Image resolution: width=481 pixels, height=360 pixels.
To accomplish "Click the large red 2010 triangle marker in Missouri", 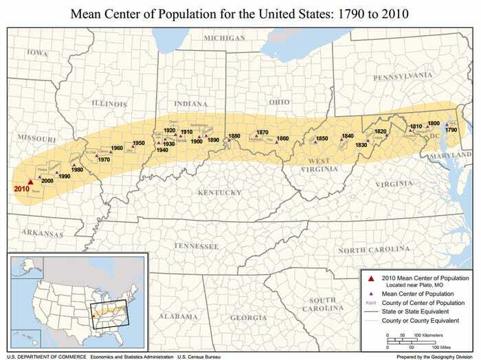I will [x=30, y=176].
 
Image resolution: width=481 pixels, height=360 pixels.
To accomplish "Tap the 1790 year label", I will [x=451, y=129].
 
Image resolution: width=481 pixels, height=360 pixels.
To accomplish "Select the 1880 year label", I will [x=234, y=136].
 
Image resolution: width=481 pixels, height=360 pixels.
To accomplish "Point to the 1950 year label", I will [x=138, y=143].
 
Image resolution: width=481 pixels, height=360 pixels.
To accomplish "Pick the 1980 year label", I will [x=78, y=170].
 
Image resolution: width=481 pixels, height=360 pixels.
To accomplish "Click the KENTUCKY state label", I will [x=220, y=192].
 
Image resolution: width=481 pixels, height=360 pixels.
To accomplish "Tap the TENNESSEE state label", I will [x=196, y=245].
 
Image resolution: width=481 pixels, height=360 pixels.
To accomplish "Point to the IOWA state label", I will [x=37, y=52].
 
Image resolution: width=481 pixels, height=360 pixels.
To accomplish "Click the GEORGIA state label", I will [x=248, y=317].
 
